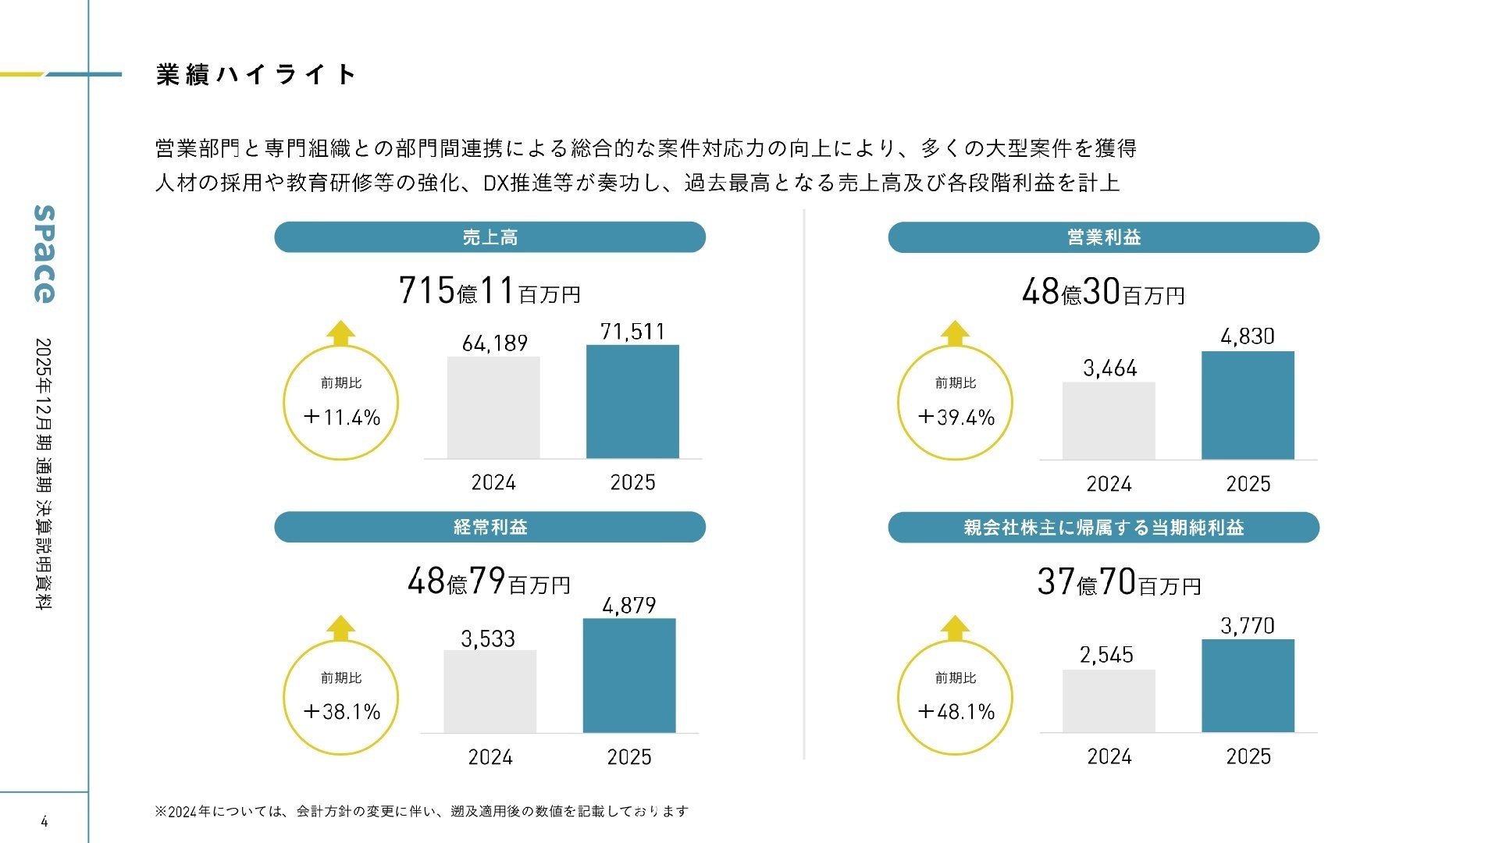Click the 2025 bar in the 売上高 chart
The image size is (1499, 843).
[x=632, y=401]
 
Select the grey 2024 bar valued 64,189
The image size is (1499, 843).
[x=493, y=407]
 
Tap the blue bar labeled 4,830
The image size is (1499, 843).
[x=1248, y=405]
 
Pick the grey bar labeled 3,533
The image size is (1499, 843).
[x=490, y=692]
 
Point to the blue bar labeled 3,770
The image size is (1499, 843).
[x=1248, y=685]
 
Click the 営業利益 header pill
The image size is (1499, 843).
[x=1103, y=237]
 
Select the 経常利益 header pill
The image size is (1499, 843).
[x=490, y=527]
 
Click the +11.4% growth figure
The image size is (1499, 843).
[x=341, y=418]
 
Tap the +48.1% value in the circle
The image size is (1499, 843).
[x=956, y=712]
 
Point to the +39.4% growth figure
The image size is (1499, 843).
[x=956, y=418]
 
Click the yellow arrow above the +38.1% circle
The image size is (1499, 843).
[x=340, y=628]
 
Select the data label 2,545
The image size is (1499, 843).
[x=1106, y=655]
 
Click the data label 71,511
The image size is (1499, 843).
[x=632, y=332]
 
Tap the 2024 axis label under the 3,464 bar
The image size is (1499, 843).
[x=1109, y=484]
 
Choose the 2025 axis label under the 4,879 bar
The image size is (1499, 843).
[x=629, y=757]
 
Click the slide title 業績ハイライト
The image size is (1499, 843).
[x=256, y=75]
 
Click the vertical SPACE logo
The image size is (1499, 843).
[x=45, y=254]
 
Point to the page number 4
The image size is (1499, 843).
[x=45, y=821]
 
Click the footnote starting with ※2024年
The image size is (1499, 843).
[x=422, y=812]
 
